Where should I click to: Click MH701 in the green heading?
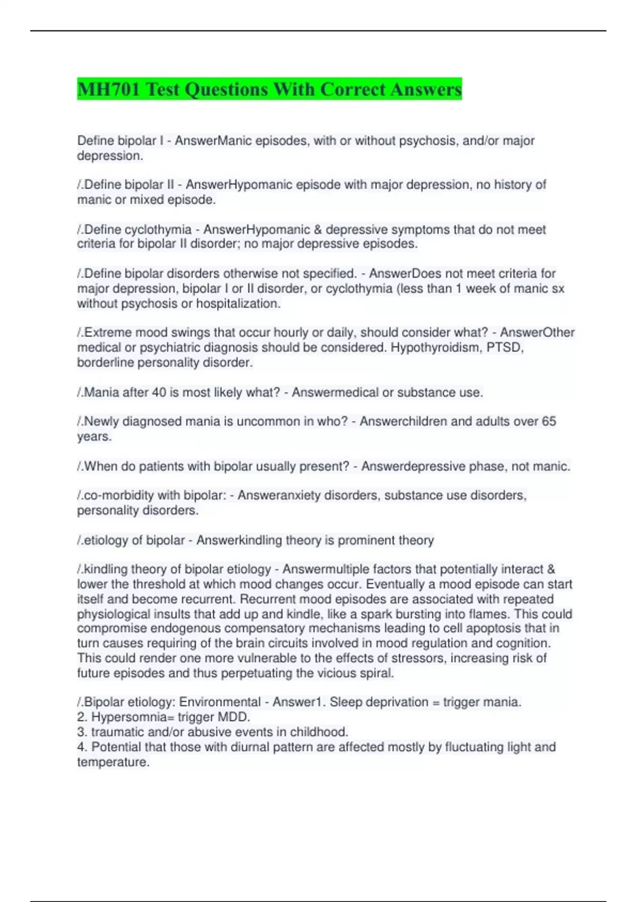pyautogui.click(x=108, y=89)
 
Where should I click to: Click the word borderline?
pyautogui.click(x=106, y=362)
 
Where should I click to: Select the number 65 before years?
pyautogui.click(x=548, y=421)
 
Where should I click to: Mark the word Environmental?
pyautogui.click(x=220, y=702)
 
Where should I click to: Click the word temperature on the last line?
pyautogui.click(x=113, y=762)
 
